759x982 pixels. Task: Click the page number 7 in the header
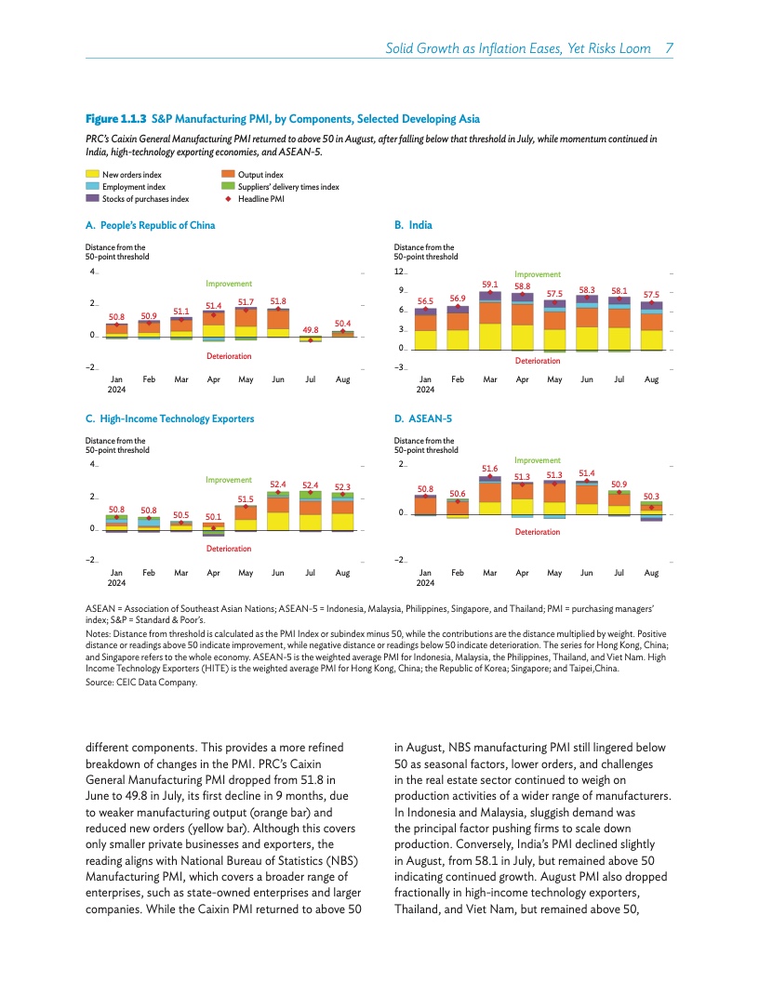pos(670,48)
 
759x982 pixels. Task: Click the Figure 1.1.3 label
pos(116,119)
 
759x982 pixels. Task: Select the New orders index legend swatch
pos(92,174)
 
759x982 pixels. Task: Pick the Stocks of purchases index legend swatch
pos(92,198)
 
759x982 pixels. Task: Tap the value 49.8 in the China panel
pos(311,329)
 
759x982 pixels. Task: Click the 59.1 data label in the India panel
pos(490,284)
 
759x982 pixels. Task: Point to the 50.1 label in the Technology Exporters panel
pos(214,516)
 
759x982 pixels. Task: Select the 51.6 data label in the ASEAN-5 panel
pos(490,468)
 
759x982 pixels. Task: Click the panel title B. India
pos(413,225)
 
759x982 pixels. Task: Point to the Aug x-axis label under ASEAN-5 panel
pos(651,573)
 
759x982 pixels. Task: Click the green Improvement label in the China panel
pos(230,284)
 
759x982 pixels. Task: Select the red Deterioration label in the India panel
pos(538,360)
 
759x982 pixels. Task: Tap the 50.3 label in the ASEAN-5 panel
pos(652,497)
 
